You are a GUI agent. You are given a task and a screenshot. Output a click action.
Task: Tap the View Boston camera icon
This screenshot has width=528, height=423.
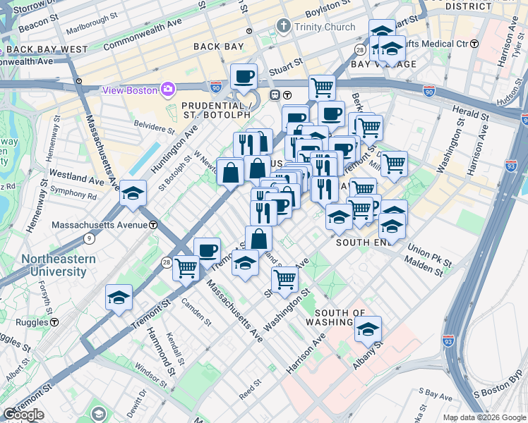point(168,90)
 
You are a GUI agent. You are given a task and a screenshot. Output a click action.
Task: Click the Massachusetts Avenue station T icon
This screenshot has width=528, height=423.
point(153,226)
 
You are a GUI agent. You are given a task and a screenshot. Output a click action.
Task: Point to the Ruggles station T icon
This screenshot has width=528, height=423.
point(54,321)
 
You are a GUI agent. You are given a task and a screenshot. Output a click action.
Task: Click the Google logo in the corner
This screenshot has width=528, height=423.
point(23,415)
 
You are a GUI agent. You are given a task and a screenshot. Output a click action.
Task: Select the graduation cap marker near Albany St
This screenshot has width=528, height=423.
point(368,329)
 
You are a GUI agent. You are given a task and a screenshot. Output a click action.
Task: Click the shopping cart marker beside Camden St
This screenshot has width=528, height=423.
point(186,267)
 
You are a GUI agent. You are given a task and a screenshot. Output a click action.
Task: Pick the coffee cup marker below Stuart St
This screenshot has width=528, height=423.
point(244,75)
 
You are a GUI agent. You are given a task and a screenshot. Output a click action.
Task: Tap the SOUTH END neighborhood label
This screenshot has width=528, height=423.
point(364,242)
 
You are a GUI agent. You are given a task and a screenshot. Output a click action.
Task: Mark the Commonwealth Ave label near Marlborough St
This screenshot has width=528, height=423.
point(142,36)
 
